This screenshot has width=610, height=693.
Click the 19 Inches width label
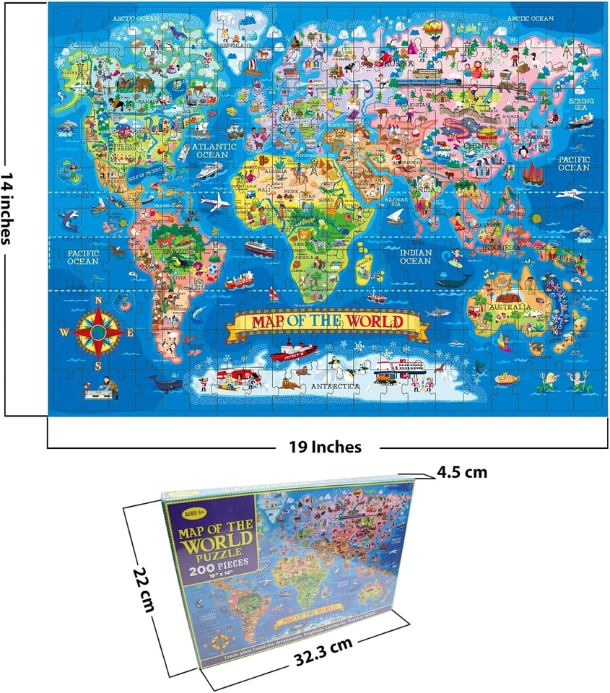tap(324, 448)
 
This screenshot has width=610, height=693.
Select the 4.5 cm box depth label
tap(462, 473)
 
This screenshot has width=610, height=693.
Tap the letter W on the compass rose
tap(64, 332)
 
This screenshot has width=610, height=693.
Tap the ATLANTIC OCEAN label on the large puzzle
tap(214, 150)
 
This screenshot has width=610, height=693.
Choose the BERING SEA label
tap(580, 105)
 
